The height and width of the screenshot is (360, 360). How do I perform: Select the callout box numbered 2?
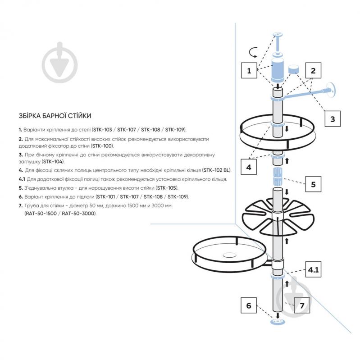click(x=313, y=70)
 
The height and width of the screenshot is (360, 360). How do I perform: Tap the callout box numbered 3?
click(x=332, y=119)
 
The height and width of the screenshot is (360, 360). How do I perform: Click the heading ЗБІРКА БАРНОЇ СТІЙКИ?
click(x=55, y=116)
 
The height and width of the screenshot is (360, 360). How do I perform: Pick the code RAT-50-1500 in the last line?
click(x=41, y=214)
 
